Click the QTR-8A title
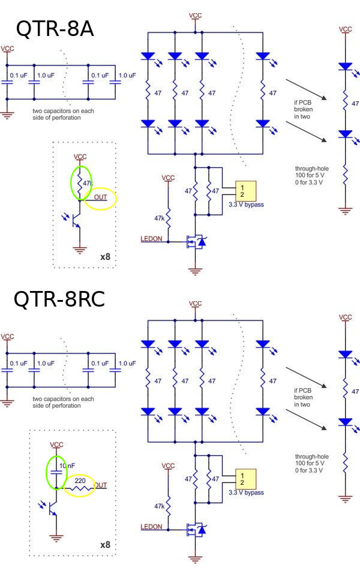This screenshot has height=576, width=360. pos(55,28)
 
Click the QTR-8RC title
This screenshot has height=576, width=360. pos(59,298)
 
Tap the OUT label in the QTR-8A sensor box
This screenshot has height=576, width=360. pos(100,197)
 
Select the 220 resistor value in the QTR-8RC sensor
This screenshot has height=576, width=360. pos(79,481)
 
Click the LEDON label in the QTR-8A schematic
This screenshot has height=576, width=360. pos(151,239)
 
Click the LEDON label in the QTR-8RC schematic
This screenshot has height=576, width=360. pos(151,527)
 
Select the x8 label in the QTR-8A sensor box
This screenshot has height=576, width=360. pos(105,256)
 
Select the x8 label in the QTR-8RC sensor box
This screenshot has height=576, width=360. pos(105,545)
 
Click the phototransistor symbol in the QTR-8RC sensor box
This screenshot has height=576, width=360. pos(51,509)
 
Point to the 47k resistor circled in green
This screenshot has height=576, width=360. pos(81,182)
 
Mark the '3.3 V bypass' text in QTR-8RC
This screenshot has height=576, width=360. pos(246,493)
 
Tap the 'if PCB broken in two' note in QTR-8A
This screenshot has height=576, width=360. pos(302,110)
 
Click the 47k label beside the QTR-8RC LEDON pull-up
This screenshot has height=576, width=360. pos(159,506)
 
